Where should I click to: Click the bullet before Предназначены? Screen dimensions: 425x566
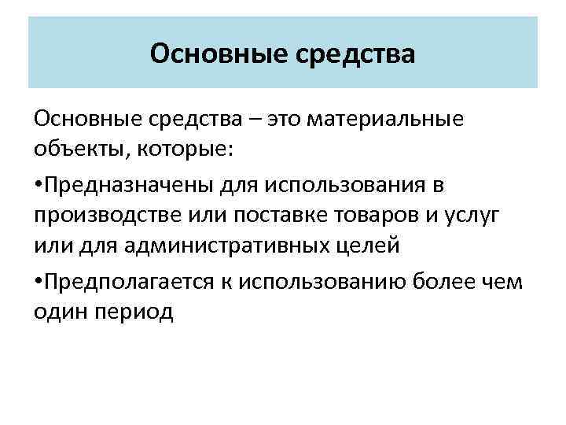[x=39, y=184]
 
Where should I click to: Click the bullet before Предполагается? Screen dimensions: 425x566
[x=39, y=282]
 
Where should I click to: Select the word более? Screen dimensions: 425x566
[x=436, y=282]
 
